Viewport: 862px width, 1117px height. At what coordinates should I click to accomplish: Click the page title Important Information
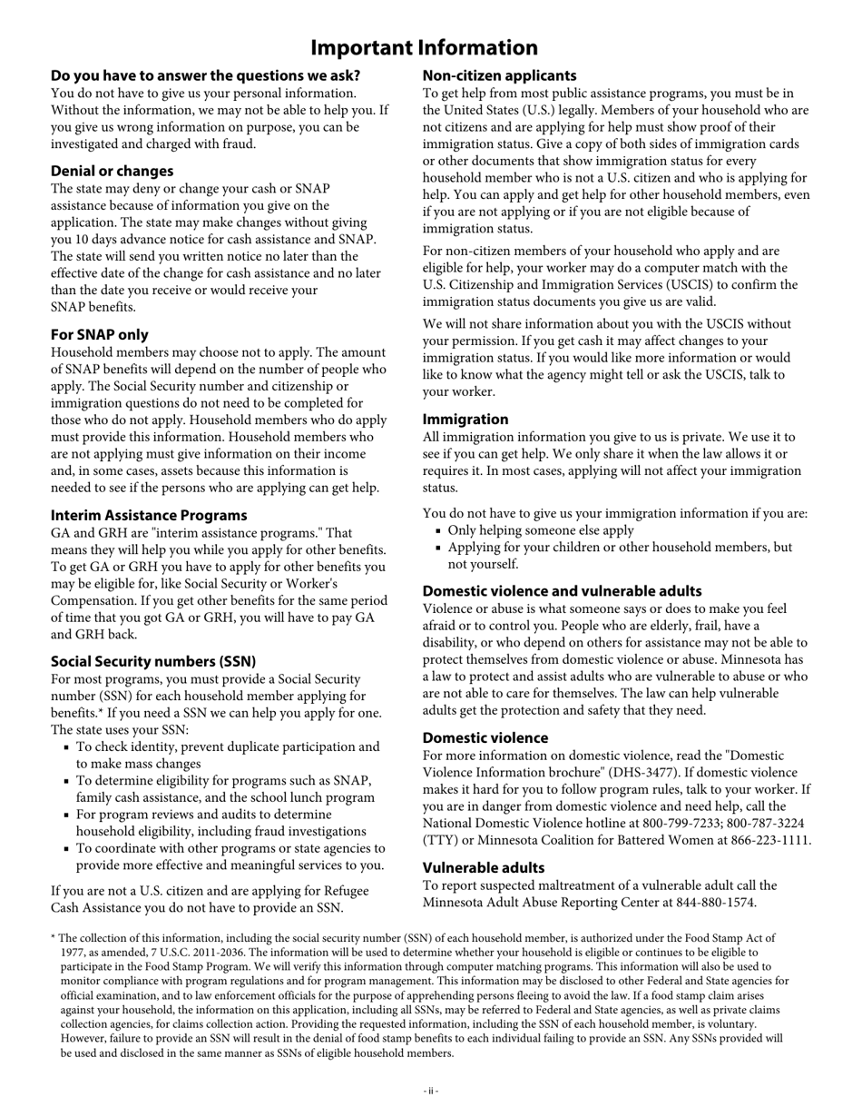click(424, 47)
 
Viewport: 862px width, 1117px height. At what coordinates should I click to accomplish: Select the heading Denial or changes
click(112, 171)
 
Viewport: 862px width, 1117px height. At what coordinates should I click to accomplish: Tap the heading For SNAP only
click(99, 334)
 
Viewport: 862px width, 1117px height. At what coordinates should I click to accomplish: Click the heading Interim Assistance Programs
click(149, 515)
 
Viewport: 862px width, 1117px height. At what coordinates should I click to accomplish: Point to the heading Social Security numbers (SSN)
click(152, 661)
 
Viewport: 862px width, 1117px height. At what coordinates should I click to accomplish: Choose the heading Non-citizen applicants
click(499, 75)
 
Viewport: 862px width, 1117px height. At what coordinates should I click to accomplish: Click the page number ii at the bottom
click(430, 1091)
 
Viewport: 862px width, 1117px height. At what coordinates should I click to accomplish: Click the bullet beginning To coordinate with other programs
click(227, 848)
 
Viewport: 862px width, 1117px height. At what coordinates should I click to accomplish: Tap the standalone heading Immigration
click(465, 419)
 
